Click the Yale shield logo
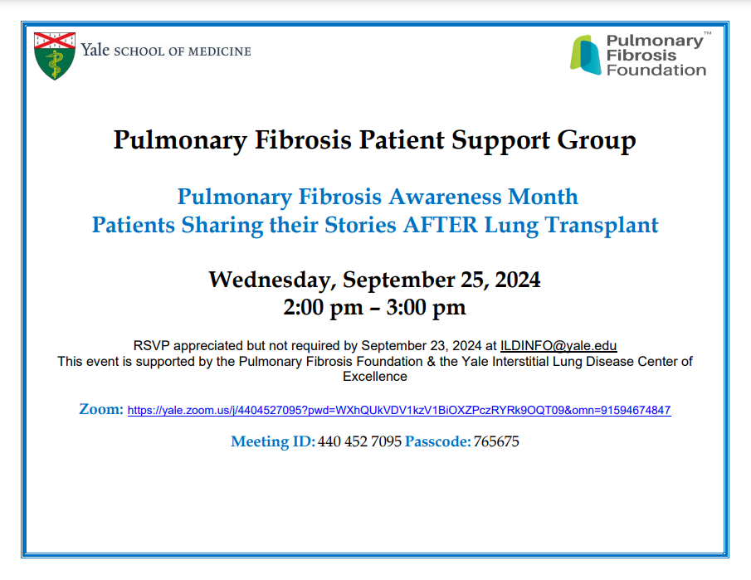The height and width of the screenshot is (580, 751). [x=55, y=56]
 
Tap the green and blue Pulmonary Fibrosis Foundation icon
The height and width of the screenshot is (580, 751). [x=585, y=55]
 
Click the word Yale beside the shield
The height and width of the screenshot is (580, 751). [x=95, y=50]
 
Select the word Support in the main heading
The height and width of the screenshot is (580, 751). [x=500, y=141]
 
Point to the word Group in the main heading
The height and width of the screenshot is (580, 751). [x=597, y=141]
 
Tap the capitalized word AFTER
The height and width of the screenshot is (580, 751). [x=441, y=225]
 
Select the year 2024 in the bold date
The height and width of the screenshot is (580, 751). [x=518, y=280]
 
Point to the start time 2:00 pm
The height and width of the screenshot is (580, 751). [x=324, y=308]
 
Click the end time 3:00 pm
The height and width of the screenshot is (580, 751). [x=426, y=308]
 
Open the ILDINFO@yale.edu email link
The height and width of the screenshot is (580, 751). [x=558, y=346]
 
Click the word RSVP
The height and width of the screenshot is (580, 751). [x=151, y=346]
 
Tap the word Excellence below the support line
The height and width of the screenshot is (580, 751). [x=375, y=377]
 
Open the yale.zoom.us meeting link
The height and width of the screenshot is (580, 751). [x=399, y=411]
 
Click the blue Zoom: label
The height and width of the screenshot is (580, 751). [x=101, y=409]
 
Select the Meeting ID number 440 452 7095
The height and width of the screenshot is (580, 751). [x=359, y=441]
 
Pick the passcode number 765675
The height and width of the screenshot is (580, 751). [x=496, y=441]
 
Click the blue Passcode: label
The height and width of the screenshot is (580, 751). [x=438, y=441]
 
